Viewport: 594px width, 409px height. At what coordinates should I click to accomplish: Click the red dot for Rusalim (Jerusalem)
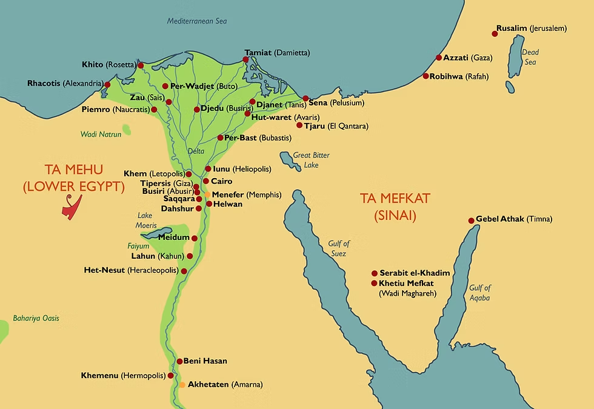click(x=495, y=34)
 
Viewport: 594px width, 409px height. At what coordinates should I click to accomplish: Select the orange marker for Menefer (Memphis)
click(x=207, y=195)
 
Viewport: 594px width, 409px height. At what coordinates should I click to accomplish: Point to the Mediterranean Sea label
click(x=197, y=21)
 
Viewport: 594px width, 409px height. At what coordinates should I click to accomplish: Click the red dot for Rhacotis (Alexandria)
click(x=107, y=84)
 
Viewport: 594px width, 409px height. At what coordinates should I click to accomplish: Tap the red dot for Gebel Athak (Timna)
click(x=471, y=220)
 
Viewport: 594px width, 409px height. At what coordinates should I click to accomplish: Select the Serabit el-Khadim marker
click(x=375, y=273)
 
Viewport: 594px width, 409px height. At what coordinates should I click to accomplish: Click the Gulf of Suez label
click(x=339, y=248)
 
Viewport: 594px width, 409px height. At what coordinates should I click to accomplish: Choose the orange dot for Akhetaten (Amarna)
click(x=182, y=385)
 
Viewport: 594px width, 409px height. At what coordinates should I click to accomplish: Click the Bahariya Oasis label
click(x=36, y=318)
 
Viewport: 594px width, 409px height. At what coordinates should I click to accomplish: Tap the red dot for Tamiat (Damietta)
click(x=245, y=59)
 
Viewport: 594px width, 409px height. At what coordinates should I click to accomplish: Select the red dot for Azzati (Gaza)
click(x=439, y=58)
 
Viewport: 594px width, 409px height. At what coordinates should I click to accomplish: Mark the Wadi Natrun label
click(x=101, y=134)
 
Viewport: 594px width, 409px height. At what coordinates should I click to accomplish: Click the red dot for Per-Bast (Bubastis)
click(x=220, y=138)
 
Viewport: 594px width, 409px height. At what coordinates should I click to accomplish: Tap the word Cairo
click(x=221, y=181)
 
